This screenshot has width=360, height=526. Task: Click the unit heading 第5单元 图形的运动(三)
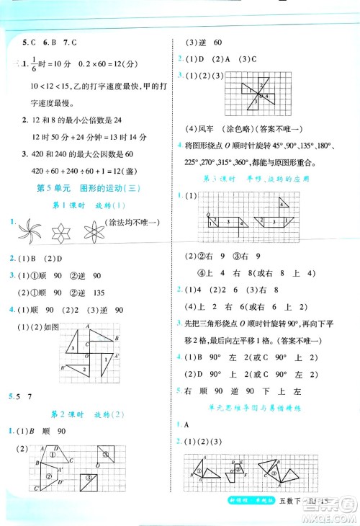click(86, 189)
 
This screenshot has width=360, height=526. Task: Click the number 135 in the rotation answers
click(97, 293)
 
